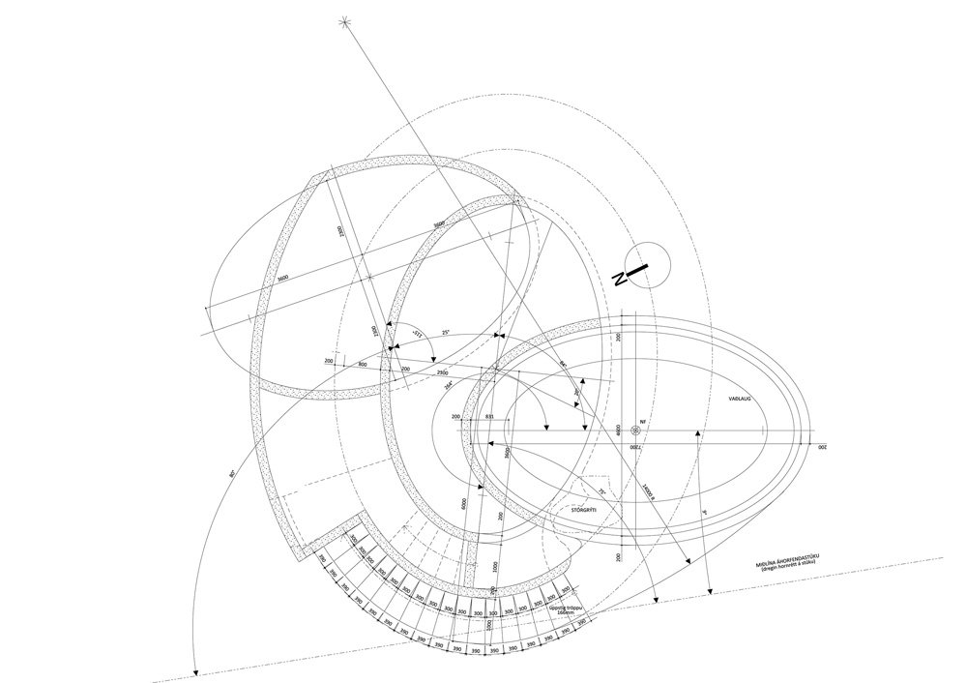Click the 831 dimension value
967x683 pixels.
tap(489, 417)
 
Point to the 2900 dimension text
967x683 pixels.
tap(441, 372)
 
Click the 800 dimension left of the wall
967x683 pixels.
tap(362, 365)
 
